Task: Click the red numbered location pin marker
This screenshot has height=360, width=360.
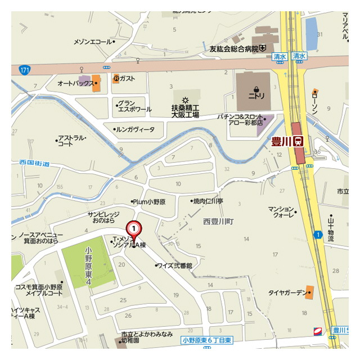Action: pos(134,229)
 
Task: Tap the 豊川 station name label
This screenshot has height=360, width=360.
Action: pos(281,141)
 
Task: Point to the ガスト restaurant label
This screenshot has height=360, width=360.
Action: pos(127,79)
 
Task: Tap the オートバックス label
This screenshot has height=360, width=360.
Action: pos(75,83)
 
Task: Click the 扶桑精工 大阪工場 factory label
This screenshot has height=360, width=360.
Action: pos(185,110)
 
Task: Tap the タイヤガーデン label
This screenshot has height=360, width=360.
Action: pos(286,292)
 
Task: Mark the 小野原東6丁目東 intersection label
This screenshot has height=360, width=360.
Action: pos(208,340)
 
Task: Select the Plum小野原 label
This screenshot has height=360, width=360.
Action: pos(150,201)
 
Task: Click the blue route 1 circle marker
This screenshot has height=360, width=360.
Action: pos(318,235)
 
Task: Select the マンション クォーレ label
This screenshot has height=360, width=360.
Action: pos(282,211)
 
